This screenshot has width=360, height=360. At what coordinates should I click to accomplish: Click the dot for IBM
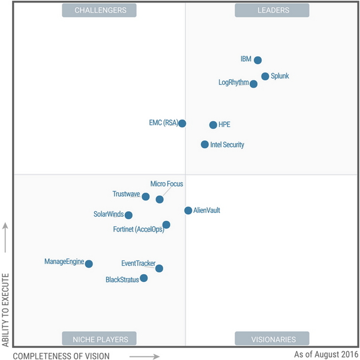pyautogui.click(x=257, y=60)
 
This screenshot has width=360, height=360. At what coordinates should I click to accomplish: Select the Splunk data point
pyautogui.click(x=265, y=76)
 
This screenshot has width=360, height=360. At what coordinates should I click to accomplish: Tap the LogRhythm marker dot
pyautogui.click(x=254, y=84)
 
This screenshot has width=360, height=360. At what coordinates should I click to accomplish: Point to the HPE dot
pyautogui.click(x=213, y=125)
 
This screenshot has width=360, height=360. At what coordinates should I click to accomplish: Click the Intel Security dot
pyautogui.click(x=205, y=145)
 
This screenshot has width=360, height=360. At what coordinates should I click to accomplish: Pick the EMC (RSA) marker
pyautogui.click(x=182, y=124)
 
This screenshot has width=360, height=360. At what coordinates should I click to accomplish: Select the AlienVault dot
pyautogui.click(x=188, y=211)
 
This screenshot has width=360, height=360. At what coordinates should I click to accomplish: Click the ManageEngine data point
pyautogui.click(x=89, y=264)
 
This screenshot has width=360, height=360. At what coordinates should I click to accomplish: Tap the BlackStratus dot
pyautogui.click(x=143, y=278)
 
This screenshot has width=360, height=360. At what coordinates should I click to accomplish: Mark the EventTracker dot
pyautogui.click(x=159, y=269)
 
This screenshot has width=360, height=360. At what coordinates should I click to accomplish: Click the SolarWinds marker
pyautogui.click(x=128, y=215)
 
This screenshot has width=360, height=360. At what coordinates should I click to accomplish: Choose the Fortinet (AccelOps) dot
pyautogui.click(x=166, y=225)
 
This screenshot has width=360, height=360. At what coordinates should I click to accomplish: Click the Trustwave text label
pyautogui.click(x=126, y=194)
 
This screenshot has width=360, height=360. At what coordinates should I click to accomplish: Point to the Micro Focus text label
pyautogui.click(x=167, y=184)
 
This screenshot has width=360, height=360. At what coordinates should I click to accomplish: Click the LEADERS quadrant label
pyautogui.click(x=272, y=10)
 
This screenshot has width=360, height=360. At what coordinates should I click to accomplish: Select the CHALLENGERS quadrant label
pyautogui.click(x=100, y=10)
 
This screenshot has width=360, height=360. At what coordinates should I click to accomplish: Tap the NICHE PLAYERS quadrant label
pyautogui.click(x=100, y=339)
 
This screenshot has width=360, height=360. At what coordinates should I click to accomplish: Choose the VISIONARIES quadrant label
pyautogui.click(x=272, y=339)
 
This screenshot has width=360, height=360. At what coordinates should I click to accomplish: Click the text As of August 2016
pyautogui.click(x=326, y=354)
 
